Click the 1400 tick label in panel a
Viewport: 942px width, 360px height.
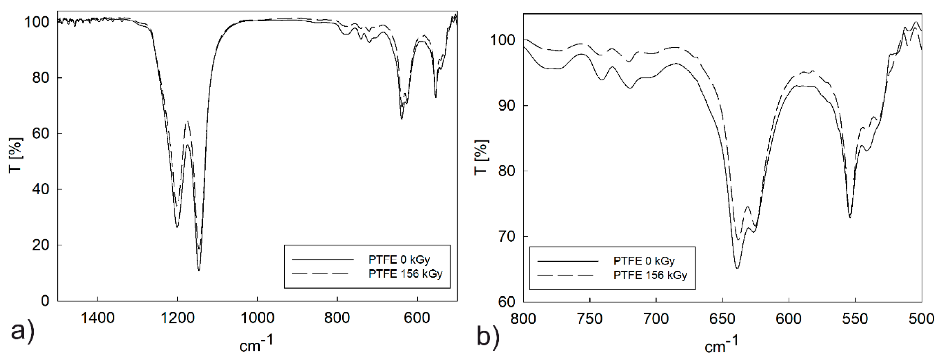98,318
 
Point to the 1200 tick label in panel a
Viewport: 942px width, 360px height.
177,318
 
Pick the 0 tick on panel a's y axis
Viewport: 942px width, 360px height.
44,301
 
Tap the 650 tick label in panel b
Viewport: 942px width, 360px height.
722,319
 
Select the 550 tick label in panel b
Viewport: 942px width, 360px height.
855,319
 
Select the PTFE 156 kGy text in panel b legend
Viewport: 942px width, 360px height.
650,275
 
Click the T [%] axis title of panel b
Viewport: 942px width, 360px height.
481,157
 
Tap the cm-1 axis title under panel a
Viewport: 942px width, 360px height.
256,344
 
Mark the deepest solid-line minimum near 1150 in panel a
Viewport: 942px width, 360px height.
199,271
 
